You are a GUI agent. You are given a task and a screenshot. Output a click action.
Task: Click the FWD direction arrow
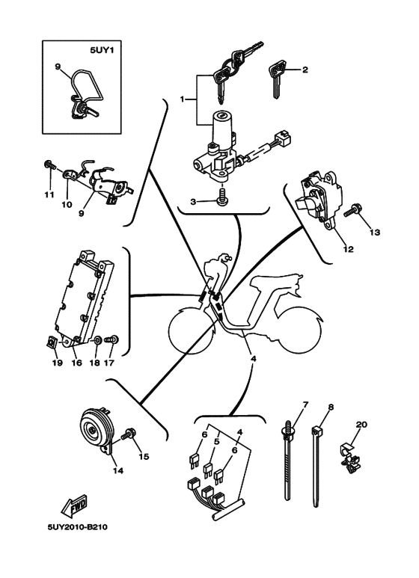click(74, 505)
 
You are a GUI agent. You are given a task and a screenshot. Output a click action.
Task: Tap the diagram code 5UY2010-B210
click(78, 526)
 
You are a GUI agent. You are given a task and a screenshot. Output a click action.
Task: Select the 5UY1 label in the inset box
click(102, 49)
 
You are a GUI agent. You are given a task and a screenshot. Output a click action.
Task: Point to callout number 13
click(374, 233)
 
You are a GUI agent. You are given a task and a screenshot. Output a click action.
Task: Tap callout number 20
click(362, 424)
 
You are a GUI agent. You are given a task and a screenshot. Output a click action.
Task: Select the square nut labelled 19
click(50, 343)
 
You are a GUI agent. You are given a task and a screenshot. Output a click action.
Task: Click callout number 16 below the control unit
click(76, 363)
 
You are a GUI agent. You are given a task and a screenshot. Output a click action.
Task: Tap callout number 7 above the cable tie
click(305, 404)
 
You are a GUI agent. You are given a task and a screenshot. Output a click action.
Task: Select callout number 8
click(331, 407)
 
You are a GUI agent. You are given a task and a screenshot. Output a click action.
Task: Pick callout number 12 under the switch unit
click(348, 249)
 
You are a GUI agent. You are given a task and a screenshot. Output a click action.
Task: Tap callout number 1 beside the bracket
click(183, 99)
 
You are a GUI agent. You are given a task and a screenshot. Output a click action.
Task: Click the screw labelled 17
click(111, 340)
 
